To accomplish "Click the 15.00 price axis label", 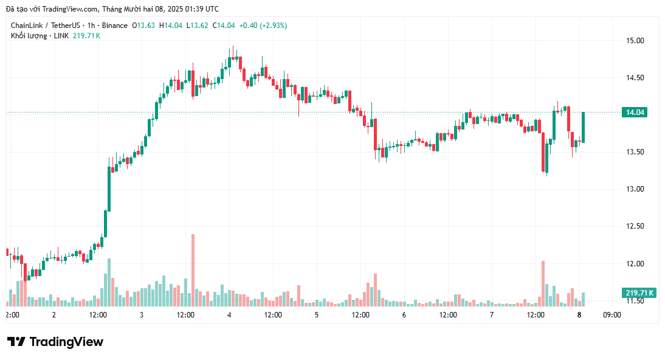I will tap(635, 41).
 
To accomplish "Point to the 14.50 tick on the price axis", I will tap(635, 78).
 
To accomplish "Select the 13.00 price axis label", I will tap(635, 189).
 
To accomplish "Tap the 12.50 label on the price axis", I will tap(635, 226).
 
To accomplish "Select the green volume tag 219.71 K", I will tap(639, 293).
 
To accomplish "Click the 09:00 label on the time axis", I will tap(612, 315).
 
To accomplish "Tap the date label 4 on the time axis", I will tap(229, 315).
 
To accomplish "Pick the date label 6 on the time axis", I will tap(404, 315).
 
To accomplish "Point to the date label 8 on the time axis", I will tap(579, 315).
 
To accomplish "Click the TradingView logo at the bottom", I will tap(55, 342).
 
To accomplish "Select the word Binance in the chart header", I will tap(114, 26).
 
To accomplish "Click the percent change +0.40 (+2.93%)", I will tap(263, 26).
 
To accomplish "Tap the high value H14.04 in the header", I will tap(171, 26).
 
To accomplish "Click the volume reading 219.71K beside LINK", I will tap(86, 36).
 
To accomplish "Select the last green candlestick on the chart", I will tap(583, 126).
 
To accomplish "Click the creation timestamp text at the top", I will tap(112, 9).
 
